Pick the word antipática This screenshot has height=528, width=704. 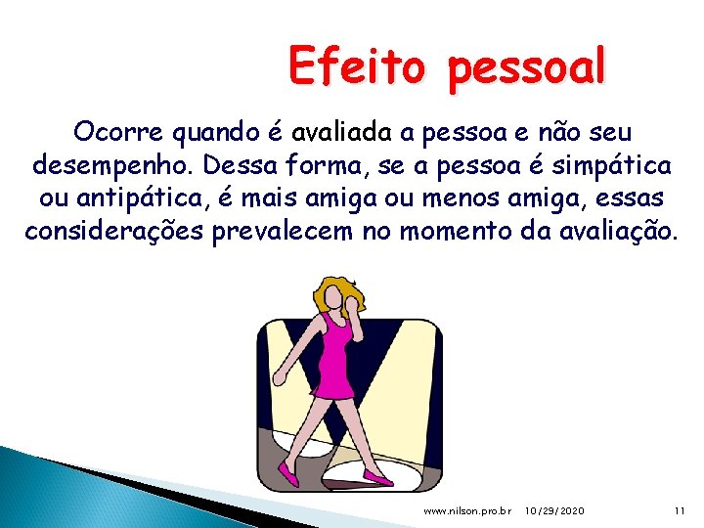155,198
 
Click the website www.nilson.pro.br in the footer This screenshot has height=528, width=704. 466,511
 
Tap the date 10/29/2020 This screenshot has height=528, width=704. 554,511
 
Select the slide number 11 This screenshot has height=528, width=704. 681,511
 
